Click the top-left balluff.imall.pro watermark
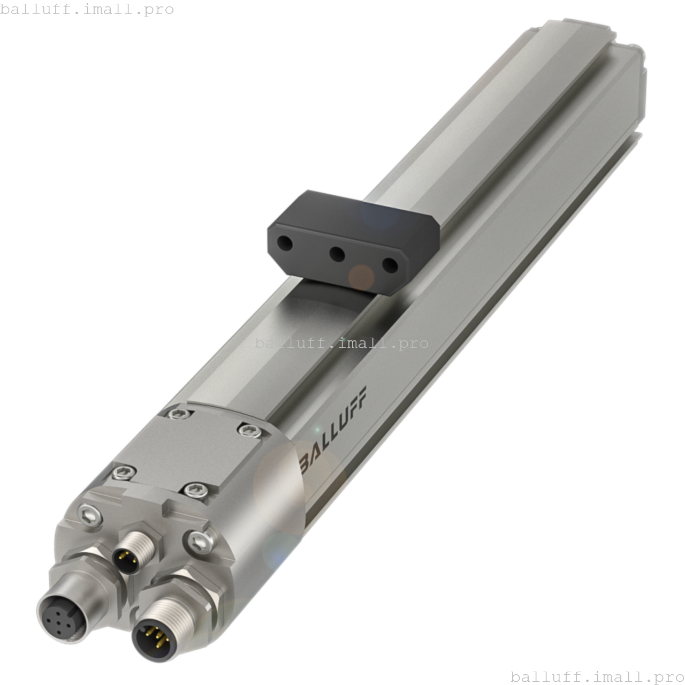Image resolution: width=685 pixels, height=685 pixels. click(x=87, y=9)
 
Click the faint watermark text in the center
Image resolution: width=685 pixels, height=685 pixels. click(x=341, y=343)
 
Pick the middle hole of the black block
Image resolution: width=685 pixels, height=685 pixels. click(x=337, y=254)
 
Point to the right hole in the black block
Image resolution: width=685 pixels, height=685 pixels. click(x=391, y=265)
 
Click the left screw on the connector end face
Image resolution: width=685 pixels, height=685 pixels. click(x=88, y=514)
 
